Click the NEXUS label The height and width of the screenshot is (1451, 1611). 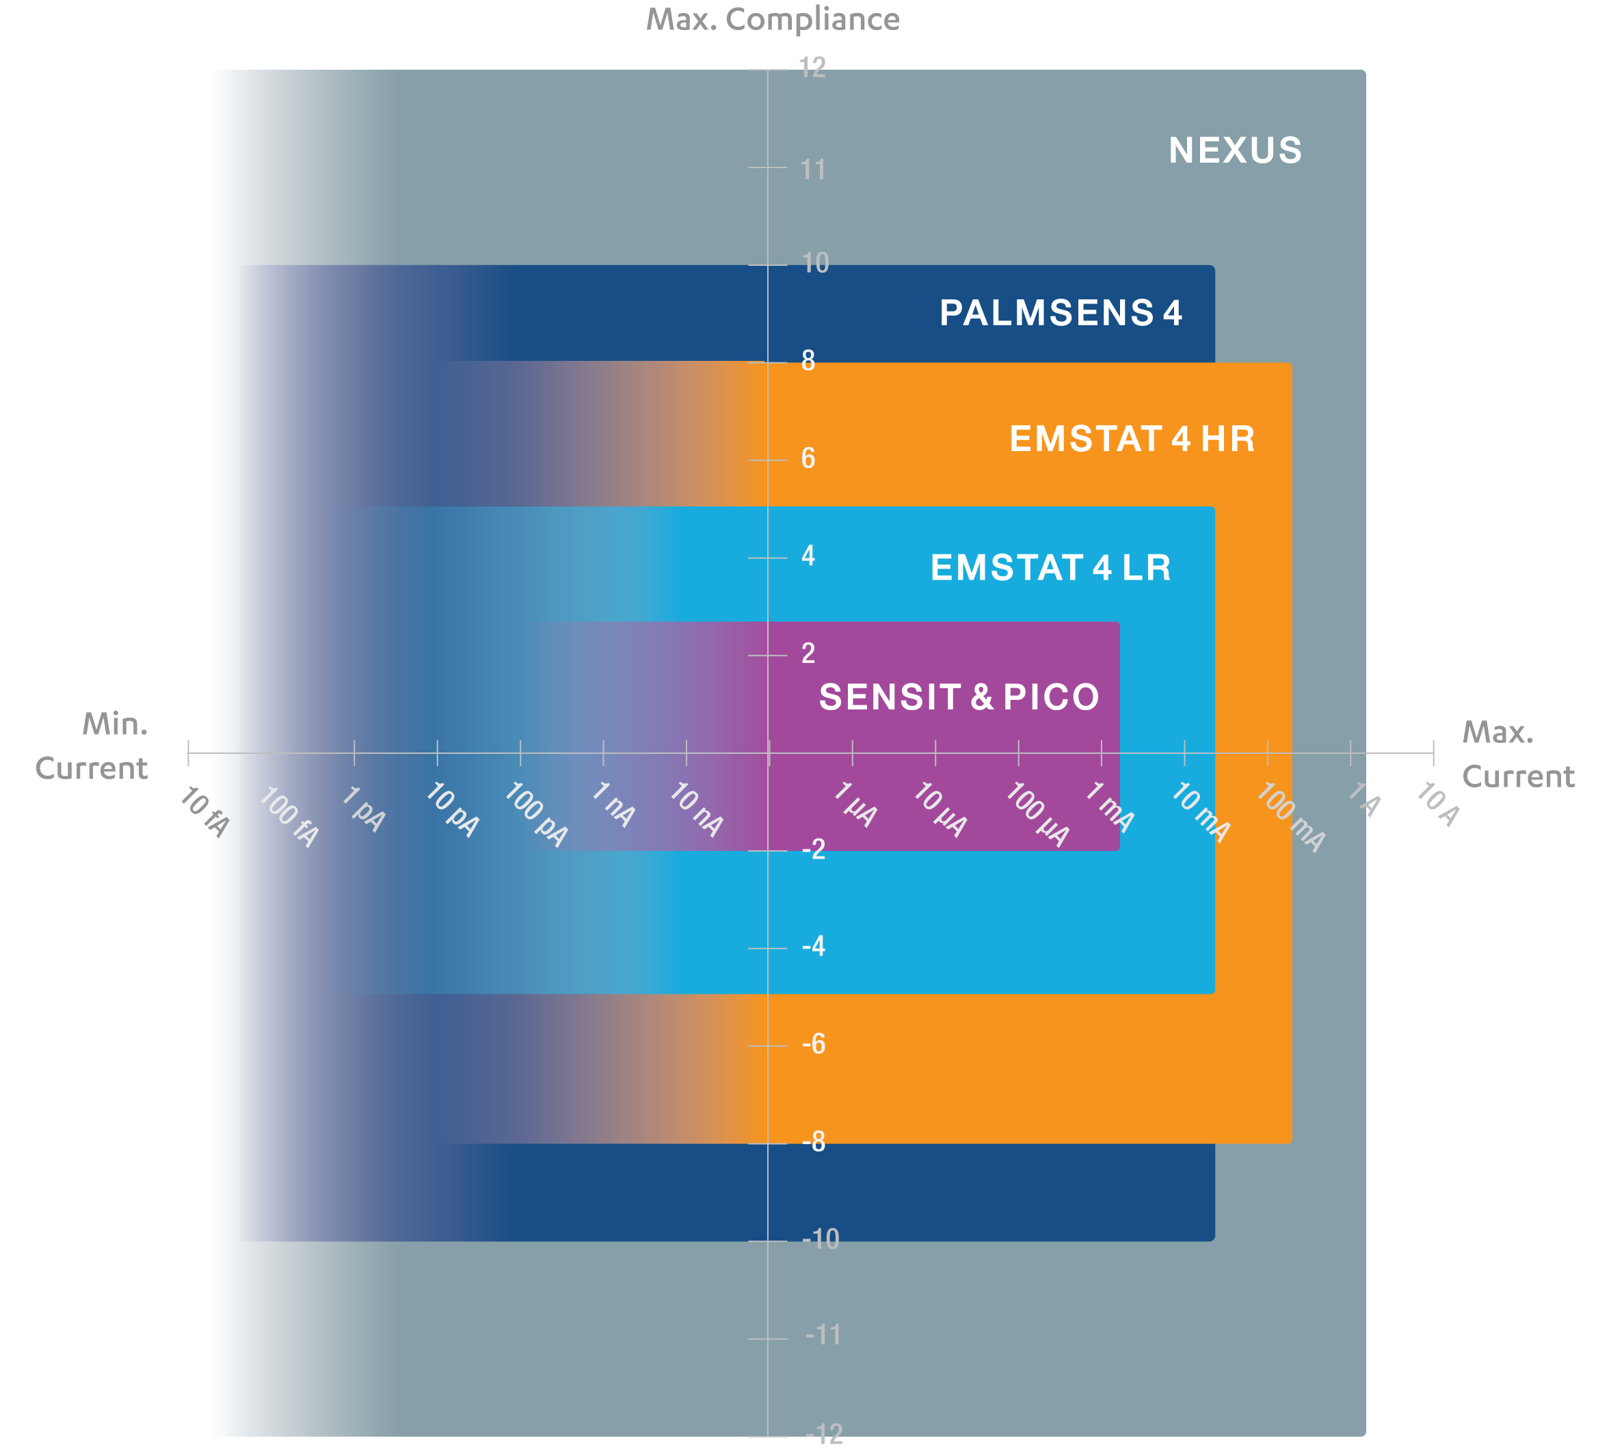(1234, 150)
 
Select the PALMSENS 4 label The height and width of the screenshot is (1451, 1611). (1060, 312)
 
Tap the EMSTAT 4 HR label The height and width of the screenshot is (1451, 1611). (1132, 439)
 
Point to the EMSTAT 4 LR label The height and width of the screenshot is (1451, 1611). (1050, 568)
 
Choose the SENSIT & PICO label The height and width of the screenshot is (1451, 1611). (959, 697)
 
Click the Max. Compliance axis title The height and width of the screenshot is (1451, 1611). (772, 19)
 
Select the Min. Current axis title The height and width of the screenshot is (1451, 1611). (92, 746)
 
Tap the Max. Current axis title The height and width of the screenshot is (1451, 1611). (1518, 754)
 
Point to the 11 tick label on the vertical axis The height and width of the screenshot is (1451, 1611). (812, 169)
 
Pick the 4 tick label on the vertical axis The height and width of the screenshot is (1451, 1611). (808, 556)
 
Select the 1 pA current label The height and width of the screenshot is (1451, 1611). (364, 809)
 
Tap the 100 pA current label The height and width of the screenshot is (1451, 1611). (536, 814)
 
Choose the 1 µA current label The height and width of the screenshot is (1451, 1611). (855, 804)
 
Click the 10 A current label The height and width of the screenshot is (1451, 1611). (1437, 804)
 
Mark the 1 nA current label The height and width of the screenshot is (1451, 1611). (613, 804)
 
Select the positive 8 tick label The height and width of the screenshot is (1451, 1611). (808, 361)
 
